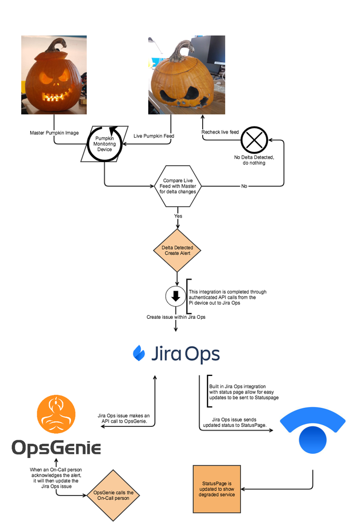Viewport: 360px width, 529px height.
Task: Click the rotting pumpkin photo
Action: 186,75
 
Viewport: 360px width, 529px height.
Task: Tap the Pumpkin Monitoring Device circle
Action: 104,143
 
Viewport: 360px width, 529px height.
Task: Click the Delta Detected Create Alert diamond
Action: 177,250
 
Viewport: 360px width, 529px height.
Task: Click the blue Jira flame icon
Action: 139,353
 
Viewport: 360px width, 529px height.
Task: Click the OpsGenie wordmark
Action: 56,449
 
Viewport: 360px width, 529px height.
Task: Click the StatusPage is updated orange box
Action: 217,489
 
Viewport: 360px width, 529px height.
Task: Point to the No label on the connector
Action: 244,186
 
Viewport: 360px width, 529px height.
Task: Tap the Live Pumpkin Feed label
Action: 154,136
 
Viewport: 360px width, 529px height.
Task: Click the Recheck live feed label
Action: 220,132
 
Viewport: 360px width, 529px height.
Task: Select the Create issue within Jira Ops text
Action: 176,317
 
